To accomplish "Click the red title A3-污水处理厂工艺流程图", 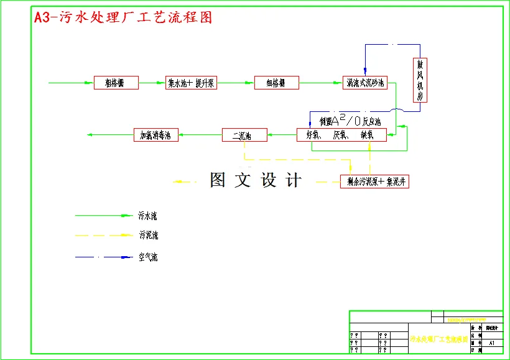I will pos(123,17).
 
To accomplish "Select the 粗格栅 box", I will pos(116,83).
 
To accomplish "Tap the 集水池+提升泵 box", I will pos(191,83).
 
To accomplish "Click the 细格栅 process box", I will pos(277,83).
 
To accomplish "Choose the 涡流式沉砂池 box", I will pos(365,83).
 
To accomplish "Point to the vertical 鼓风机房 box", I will pos(421,80).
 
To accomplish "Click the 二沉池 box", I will pos(244,135).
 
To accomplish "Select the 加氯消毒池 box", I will pos(156,135).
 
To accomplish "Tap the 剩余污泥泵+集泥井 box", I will pos(374,182).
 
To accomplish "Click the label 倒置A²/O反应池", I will pos(350,120).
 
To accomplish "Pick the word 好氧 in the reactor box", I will pos(312,135).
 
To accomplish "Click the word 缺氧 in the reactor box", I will pos(366,135).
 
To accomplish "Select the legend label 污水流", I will pos(148,216).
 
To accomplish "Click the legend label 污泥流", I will pos(148,236).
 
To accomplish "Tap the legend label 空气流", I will pos(148,257).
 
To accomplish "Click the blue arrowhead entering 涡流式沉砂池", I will pos(365,73).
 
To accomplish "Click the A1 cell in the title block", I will pos(492,343).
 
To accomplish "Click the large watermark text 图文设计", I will pos(256,180).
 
